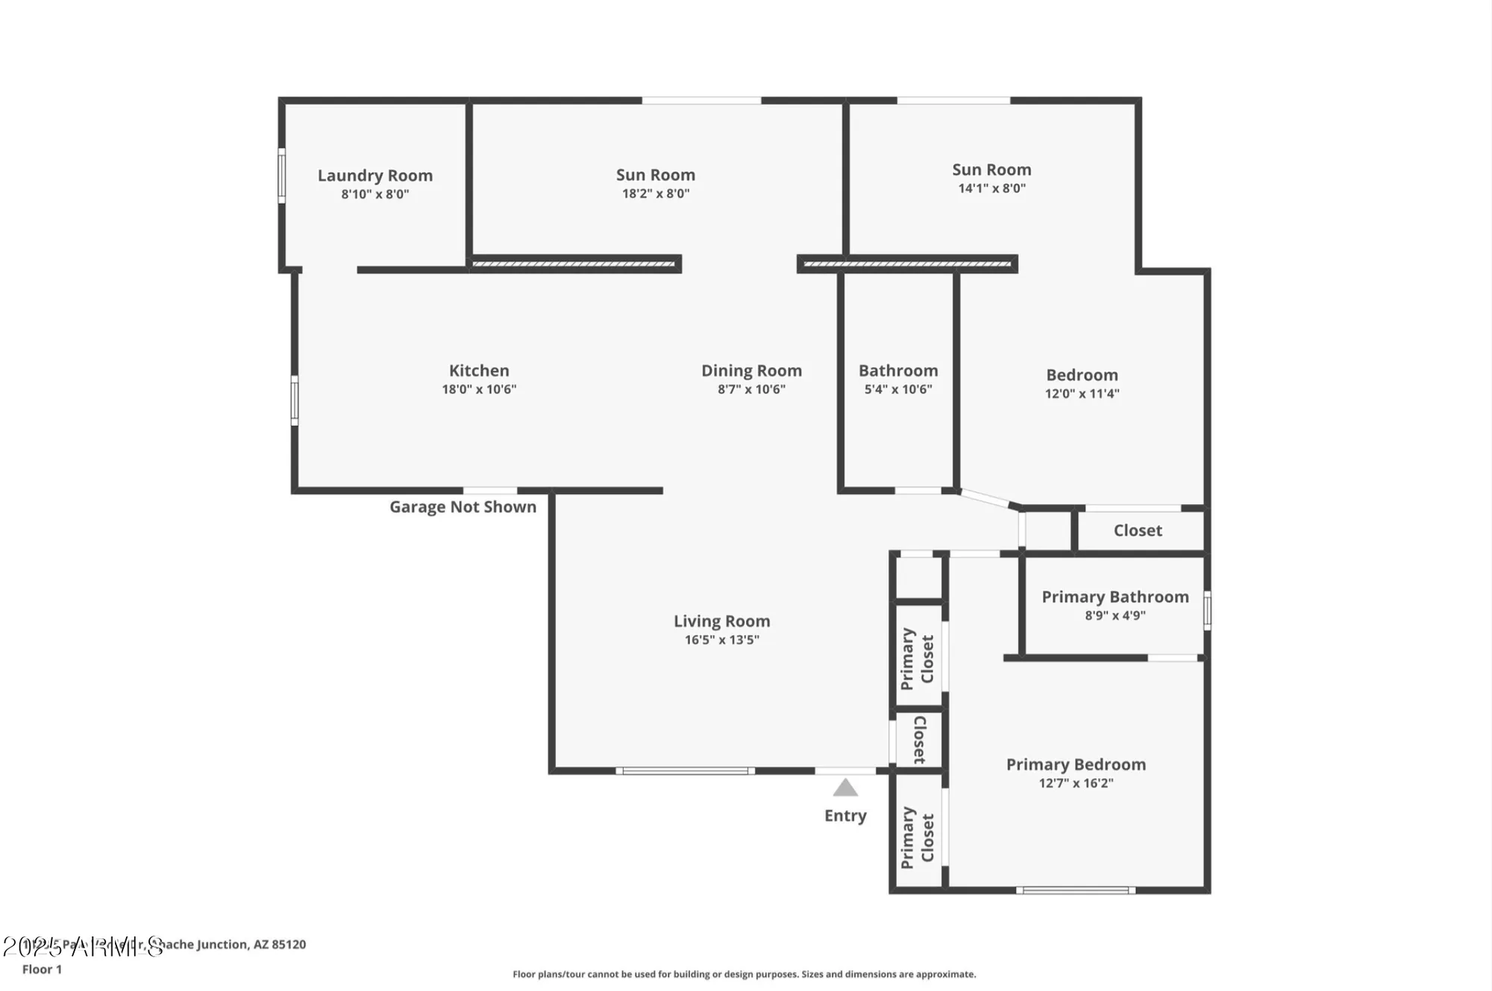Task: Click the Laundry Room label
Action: tap(374, 175)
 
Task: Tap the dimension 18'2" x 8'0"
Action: tap(656, 194)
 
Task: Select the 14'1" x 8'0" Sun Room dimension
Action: tap(991, 189)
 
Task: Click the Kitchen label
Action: tap(479, 371)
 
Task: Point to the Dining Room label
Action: tap(751, 371)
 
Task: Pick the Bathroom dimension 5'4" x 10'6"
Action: tap(898, 390)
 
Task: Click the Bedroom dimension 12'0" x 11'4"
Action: tap(1082, 394)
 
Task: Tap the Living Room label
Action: tap(721, 621)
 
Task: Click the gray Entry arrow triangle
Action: tap(845, 789)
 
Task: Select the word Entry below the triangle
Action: tap(845, 816)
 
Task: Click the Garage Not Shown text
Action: tap(463, 507)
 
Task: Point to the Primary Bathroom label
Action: tap(1115, 597)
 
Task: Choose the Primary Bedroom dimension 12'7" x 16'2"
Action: tap(1076, 784)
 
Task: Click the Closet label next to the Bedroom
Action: tap(1137, 531)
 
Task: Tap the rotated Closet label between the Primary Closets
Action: tap(919, 740)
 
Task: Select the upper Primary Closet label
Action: tap(918, 658)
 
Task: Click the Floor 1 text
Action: tap(42, 969)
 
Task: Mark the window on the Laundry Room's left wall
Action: tap(282, 175)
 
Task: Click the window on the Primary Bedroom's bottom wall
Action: tap(1075, 890)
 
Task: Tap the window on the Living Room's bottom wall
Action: tap(685, 771)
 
